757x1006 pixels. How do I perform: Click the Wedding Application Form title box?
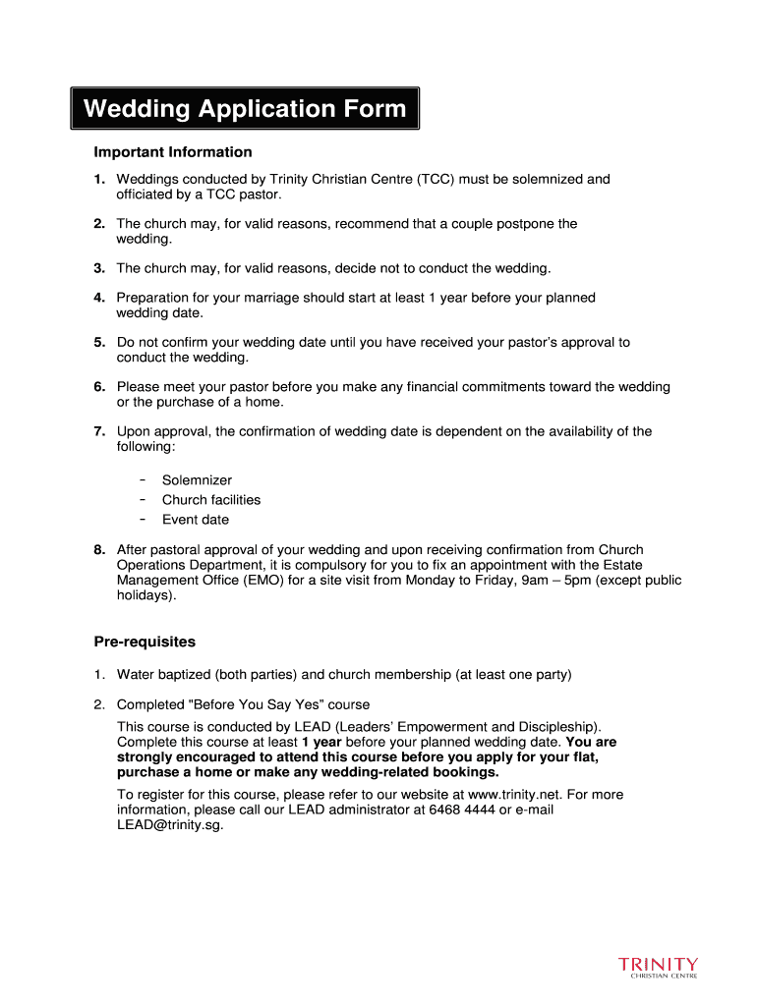click(245, 108)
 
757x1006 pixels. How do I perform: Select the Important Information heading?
click(173, 152)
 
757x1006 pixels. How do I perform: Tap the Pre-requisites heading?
click(145, 642)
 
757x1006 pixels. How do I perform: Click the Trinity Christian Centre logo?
click(658, 968)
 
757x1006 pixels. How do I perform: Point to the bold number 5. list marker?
click(99, 343)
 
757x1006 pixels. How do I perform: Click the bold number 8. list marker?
click(99, 550)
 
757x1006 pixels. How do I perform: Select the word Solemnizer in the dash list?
click(198, 480)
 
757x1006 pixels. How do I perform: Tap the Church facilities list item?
click(211, 500)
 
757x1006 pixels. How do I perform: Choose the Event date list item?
click(196, 520)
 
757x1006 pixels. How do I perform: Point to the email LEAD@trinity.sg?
click(170, 826)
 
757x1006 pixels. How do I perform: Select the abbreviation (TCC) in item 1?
click(434, 180)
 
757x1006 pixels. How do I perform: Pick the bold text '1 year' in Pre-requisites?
click(321, 743)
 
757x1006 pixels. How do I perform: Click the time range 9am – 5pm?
click(563, 581)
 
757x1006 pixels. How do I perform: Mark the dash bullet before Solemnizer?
click(144, 480)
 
